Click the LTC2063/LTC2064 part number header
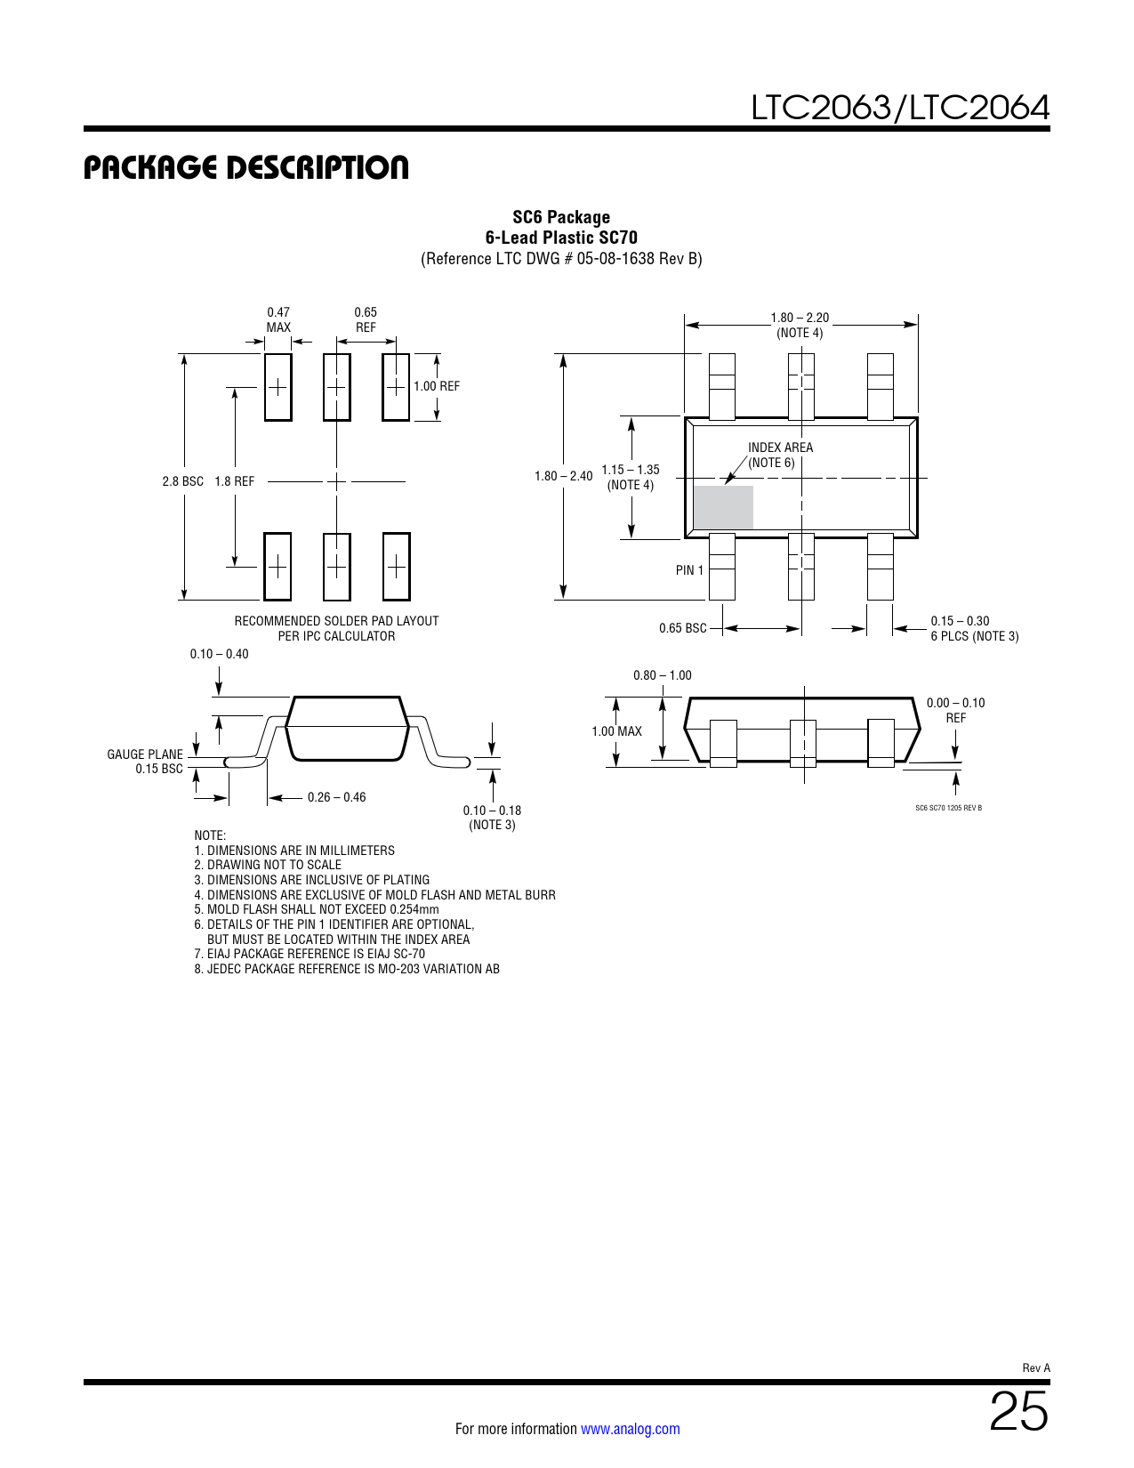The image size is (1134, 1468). [x=900, y=108]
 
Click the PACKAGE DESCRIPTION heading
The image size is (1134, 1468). [x=245, y=167]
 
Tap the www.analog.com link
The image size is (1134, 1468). [x=631, y=1429]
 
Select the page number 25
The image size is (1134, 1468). [x=1018, y=1412]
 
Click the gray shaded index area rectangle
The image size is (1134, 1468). [x=723, y=506]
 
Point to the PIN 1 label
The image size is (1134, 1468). [x=689, y=570]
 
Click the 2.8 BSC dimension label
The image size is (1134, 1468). [x=182, y=481]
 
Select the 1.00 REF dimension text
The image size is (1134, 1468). [x=437, y=386]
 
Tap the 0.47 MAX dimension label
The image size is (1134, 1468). [x=278, y=319]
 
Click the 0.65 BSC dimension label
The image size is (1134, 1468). [x=683, y=627]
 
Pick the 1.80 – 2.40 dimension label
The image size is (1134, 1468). [x=563, y=476]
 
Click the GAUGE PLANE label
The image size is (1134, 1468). [x=145, y=754]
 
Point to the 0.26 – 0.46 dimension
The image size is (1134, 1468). [x=336, y=797]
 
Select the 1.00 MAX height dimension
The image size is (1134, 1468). [x=616, y=731]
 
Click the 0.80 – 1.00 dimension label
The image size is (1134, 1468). [x=662, y=675]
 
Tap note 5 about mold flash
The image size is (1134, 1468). [x=317, y=909]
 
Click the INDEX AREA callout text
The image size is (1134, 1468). [x=780, y=448]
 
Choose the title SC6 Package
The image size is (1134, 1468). [x=561, y=217]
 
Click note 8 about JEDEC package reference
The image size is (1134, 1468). [x=347, y=969]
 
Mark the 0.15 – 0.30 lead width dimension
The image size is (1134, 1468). [x=960, y=621]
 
